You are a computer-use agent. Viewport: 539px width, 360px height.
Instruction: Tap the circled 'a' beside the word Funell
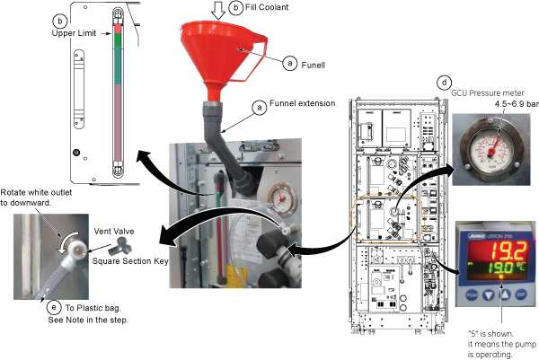tap(288, 64)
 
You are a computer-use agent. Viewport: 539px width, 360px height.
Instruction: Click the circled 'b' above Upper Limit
tap(60, 20)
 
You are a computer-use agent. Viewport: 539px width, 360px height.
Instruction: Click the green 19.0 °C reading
tap(490, 268)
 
